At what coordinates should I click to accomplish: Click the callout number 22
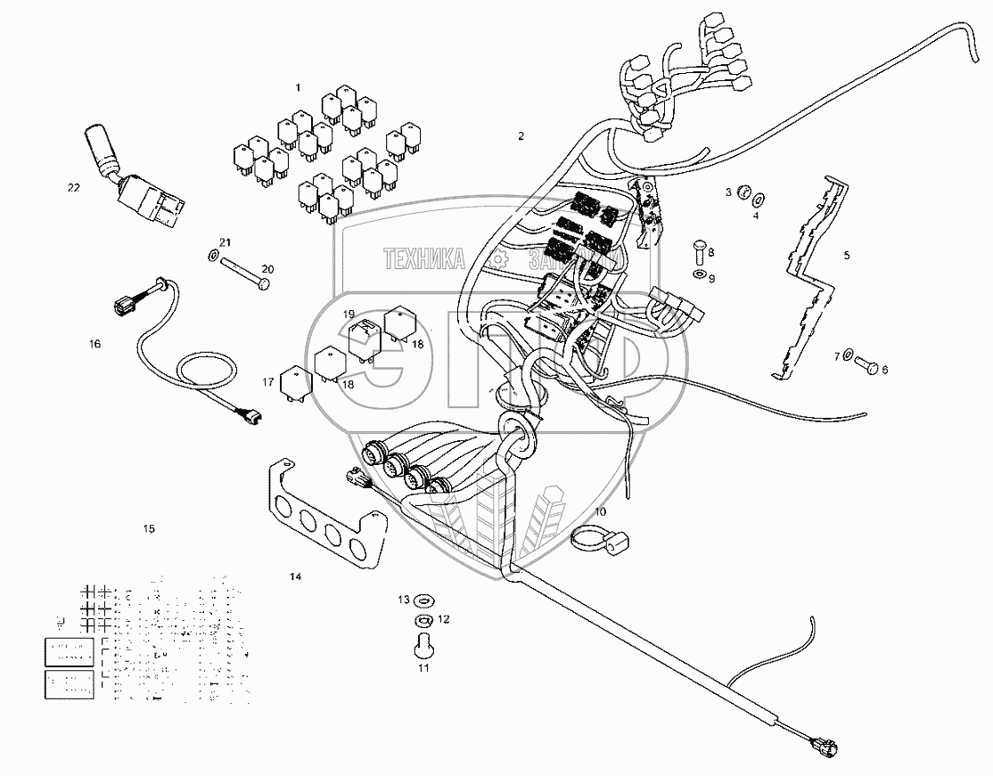tap(73, 187)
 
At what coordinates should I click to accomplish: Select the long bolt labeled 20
tap(241, 272)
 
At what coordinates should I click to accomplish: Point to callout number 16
tap(94, 343)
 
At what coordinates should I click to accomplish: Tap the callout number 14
tap(295, 577)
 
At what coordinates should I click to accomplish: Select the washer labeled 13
tap(424, 600)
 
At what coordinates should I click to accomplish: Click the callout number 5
tap(847, 255)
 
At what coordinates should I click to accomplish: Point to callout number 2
tap(521, 135)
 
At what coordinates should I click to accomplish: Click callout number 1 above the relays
tap(299, 87)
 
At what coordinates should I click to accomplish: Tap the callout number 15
tap(149, 528)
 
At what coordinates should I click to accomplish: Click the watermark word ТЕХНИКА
tap(423, 258)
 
